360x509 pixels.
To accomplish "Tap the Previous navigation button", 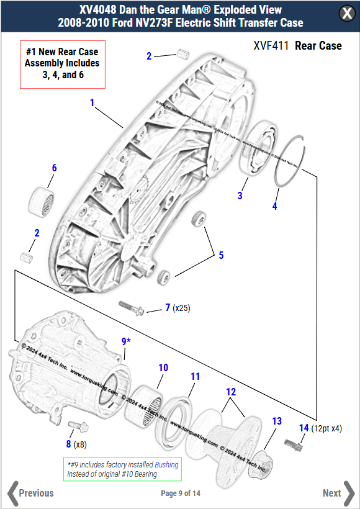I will coord(30,493).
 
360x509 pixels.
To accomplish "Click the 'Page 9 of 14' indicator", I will coord(180,493).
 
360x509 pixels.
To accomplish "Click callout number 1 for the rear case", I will coord(92,103).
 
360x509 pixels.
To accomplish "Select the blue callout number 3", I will coord(240,196).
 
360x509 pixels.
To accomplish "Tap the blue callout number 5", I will coord(220,254).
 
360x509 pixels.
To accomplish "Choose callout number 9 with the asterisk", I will coord(125,341).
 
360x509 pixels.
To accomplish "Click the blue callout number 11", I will coord(195,377).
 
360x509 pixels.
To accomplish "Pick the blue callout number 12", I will coord(230,392).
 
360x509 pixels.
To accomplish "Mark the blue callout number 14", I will coord(304,428).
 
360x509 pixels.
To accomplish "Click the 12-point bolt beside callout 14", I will coord(294,444).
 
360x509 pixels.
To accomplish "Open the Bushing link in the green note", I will coord(166,464).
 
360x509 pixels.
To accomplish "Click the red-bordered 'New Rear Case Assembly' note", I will coord(62,63).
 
